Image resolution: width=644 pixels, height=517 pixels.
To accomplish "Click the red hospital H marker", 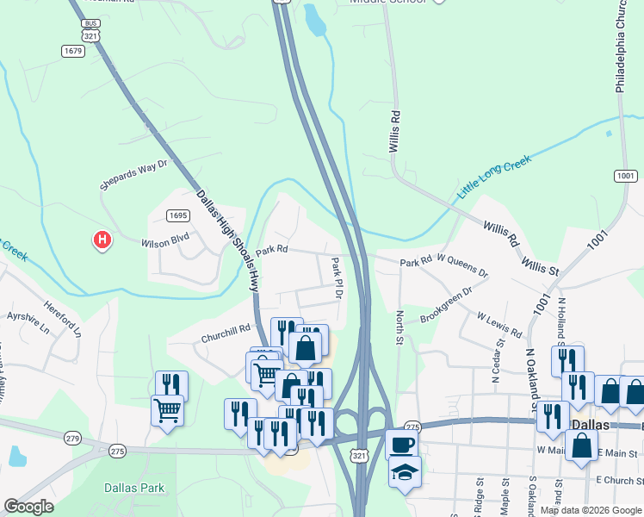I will (102, 239).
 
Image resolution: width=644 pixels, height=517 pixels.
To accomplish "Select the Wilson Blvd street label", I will (165, 242).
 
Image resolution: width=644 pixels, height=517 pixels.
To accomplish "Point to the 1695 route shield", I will (178, 215).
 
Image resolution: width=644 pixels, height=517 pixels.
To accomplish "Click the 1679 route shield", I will (73, 52).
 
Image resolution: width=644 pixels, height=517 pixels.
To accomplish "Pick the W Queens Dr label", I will (462, 265).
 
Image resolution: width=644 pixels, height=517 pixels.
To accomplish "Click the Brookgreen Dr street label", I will (447, 306).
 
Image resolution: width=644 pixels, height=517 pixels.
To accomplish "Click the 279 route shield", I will (71, 439).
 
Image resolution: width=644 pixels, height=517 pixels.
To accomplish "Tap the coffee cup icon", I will (401, 445).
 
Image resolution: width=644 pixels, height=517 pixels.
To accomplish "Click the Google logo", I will (28, 507).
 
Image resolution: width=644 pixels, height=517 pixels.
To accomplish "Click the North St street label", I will (399, 327).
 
